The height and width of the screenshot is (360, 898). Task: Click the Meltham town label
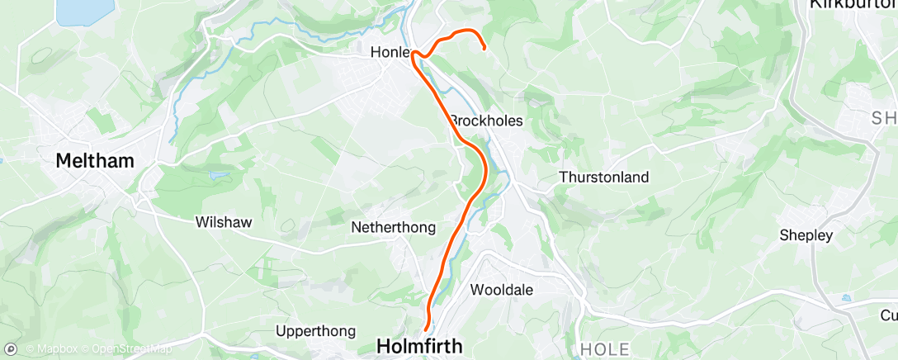[94, 161]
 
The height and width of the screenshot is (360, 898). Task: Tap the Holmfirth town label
[419, 345]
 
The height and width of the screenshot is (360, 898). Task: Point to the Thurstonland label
[603, 177]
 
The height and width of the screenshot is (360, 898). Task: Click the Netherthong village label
[393, 227]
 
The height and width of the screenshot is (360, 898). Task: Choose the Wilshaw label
[223, 221]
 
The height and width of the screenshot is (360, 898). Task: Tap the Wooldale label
[501, 290]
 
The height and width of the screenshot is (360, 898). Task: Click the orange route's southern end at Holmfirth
[426, 331]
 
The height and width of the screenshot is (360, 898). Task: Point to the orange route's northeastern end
[484, 49]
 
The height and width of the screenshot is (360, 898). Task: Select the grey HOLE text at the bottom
[605, 349]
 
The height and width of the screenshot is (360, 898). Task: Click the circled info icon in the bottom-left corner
[9, 348]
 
